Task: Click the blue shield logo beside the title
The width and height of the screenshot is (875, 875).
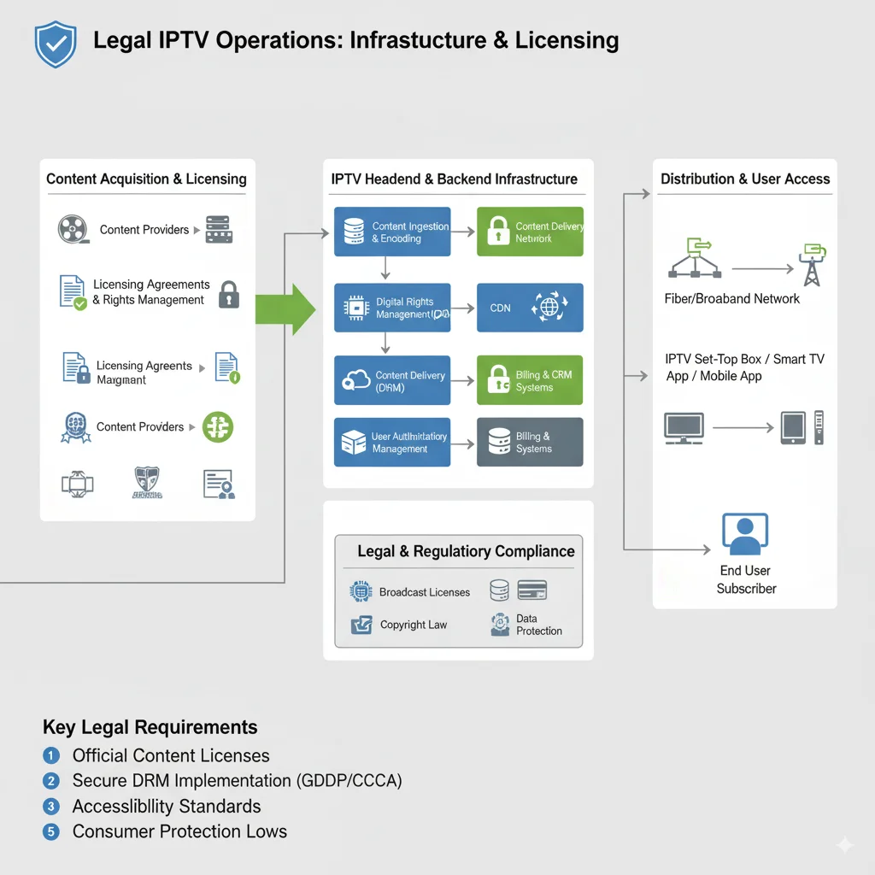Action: click(56, 44)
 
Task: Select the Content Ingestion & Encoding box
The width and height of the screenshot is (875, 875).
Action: click(392, 232)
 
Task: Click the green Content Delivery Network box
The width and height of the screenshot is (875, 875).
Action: click(530, 232)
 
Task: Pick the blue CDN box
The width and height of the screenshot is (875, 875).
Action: click(530, 308)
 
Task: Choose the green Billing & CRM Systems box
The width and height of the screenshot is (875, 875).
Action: click(530, 380)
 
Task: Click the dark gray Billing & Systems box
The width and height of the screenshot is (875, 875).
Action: click(530, 442)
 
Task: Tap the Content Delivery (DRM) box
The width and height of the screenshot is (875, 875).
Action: click(392, 380)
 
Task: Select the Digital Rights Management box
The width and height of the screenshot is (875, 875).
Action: click(392, 308)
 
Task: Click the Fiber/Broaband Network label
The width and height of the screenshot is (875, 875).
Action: click(731, 299)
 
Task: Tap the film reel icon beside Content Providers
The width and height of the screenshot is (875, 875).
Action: click(73, 229)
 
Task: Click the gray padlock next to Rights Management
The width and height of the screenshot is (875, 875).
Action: click(228, 294)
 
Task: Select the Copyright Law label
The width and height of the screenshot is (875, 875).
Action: click(414, 625)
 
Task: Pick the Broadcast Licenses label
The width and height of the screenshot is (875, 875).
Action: click(425, 592)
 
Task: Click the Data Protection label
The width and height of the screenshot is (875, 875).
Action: click(538, 625)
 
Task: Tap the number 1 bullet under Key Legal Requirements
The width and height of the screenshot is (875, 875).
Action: click(51, 755)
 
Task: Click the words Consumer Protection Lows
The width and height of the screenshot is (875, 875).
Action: click(179, 831)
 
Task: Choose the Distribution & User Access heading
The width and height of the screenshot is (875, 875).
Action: click(745, 179)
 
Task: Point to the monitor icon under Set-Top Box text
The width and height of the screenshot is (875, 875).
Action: click(684, 426)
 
